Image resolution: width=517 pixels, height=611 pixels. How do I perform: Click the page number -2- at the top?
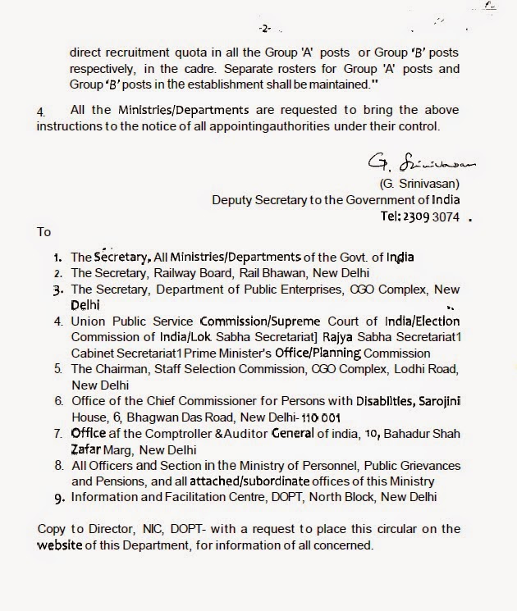pos(265,29)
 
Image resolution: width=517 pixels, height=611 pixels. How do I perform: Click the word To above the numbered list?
pos(44,232)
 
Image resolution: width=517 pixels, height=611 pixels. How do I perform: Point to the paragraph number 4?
pos(41,110)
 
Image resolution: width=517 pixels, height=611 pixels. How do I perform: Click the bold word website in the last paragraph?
pos(60,545)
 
